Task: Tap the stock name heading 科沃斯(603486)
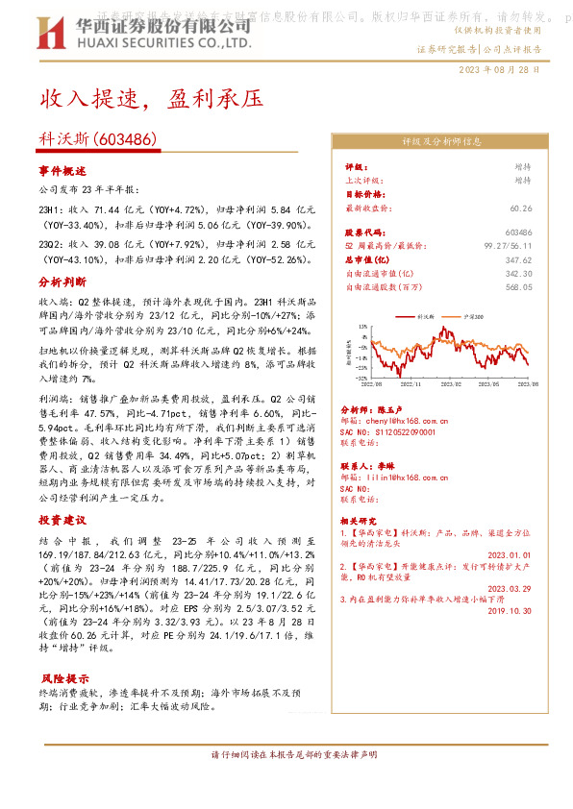click(x=98, y=140)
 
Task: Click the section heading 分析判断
click(x=62, y=282)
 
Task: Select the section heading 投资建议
click(x=62, y=519)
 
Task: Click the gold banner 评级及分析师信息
click(x=441, y=141)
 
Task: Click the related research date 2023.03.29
click(x=514, y=588)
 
